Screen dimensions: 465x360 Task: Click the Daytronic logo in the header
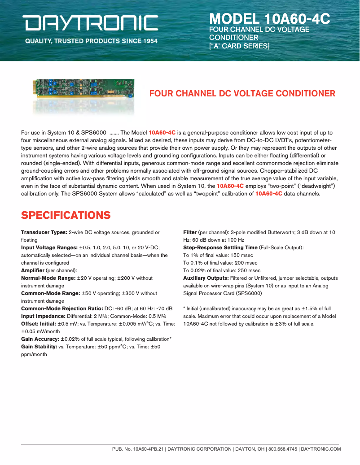(x=91, y=23)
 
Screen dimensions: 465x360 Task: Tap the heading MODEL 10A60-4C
(x=269, y=19)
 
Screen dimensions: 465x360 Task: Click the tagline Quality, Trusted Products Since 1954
(x=91, y=41)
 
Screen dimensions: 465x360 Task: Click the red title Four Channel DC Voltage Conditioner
(x=242, y=94)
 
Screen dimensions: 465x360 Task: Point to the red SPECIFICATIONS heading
(x=66, y=215)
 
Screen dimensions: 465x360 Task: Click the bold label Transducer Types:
(x=44, y=232)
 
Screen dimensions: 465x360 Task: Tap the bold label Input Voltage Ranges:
(x=49, y=248)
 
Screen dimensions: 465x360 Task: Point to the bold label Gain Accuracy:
(x=40, y=339)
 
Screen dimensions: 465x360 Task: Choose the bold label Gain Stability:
(x=40, y=347)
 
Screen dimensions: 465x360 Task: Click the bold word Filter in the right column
(x=190, y=232)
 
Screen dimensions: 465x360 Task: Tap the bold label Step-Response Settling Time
(x=220, y=248)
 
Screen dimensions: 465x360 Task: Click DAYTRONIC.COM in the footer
(x=321, y=449)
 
